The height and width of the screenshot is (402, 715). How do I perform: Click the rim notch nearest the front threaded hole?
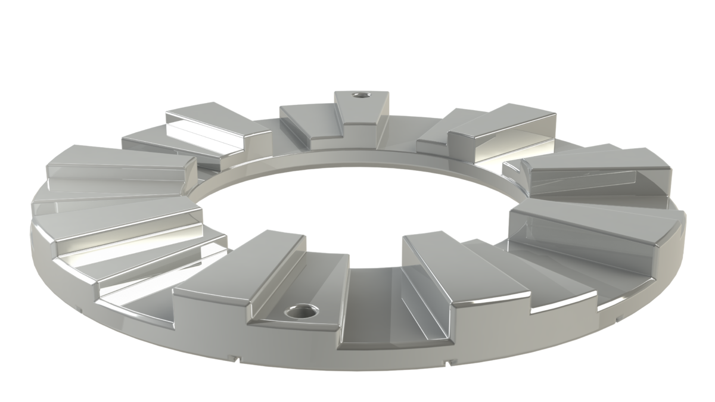click(x=238, y=359)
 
